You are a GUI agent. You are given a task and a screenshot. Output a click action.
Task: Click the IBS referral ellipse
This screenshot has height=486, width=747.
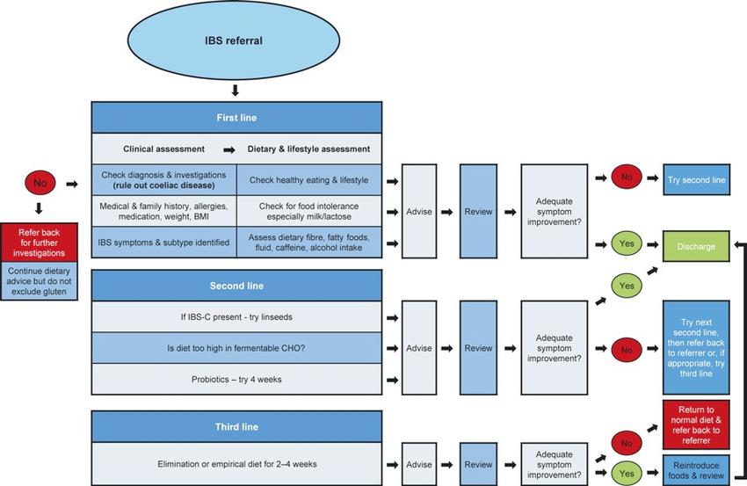click(x=234, y=40)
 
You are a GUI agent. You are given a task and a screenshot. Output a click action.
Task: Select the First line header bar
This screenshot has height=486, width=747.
click(x=236, y=118)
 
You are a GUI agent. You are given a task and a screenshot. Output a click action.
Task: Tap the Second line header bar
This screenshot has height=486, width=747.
click(x=236, y=286)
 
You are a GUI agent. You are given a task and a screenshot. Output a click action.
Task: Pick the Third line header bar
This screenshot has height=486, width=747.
click(x=236, y=427)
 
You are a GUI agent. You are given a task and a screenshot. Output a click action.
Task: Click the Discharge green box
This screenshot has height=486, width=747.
click(x=696, y=246)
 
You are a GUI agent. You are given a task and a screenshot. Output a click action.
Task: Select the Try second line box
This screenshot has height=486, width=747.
click(x=697, y=179)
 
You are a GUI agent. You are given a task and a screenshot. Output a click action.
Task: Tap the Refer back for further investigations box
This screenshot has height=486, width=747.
click(x=39, y=243)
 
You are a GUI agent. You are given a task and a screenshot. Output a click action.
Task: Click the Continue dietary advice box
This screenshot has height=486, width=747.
click(x=39, y=281)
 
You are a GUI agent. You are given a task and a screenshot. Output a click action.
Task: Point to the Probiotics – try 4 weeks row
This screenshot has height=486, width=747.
click(x=236, y=380)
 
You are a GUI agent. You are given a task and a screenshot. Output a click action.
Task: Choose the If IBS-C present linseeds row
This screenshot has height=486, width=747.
click(x=236, y=317)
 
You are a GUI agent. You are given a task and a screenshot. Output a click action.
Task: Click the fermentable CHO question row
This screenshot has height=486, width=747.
click(x=236, y=348)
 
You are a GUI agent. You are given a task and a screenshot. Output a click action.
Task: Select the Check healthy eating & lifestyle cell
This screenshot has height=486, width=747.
click(x=309, y=180)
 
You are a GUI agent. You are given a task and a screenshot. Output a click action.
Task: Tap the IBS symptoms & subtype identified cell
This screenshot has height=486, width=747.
click(x=163, y=243)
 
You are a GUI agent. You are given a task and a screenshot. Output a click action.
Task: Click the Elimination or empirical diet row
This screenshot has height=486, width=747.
click(x=236, y=464)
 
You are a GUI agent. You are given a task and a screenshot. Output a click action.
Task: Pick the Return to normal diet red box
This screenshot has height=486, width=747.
click(x=696, y=425)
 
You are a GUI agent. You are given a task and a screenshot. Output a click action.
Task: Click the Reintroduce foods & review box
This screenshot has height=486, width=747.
click(x=696, y=470)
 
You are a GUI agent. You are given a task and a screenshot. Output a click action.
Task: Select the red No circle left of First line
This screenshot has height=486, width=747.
click(x=40, y=183)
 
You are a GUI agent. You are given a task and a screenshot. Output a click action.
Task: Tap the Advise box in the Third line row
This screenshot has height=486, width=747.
click(x=419, y=464)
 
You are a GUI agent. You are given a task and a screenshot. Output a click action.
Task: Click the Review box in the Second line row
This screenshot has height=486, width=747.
click(x=478, y=348)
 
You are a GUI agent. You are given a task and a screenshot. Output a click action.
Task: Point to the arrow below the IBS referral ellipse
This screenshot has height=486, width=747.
click(x=235, y=90)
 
